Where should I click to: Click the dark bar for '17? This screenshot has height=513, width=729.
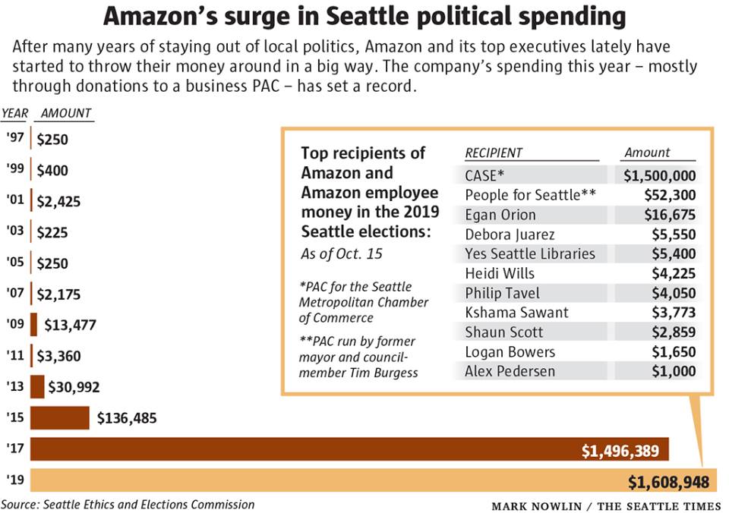pos(304,449)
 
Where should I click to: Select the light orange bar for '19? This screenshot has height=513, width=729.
pos(304,480)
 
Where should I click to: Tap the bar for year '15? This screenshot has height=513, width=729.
pos(60,418)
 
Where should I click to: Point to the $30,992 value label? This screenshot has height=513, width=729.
pos(74,387)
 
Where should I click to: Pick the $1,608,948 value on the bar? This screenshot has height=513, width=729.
pos(668,481)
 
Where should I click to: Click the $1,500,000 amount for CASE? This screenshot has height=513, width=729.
pos(659,175)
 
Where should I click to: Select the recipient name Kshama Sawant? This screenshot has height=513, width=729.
pos(516,312)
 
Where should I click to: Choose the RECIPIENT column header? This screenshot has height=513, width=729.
pos(494,153)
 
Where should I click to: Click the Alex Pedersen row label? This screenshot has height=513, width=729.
pos(510,371)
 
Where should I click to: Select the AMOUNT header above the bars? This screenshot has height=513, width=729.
pos(66,113)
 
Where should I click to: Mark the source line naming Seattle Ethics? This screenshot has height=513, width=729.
pos(128,504)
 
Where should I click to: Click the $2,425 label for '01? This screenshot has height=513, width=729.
pos(58,202)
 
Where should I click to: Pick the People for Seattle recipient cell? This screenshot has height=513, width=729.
pos(530,195)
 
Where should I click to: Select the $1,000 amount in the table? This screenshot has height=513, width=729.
pos(674,371)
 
